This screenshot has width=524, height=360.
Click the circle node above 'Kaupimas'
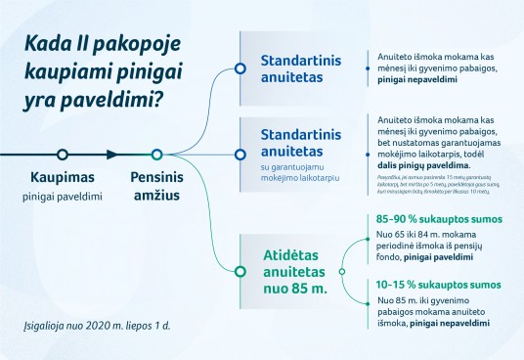point(63,155)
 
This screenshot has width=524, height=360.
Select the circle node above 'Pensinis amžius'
point(155,155)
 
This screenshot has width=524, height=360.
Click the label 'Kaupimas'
point(63,178)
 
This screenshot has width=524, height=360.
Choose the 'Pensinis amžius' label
point(155,187)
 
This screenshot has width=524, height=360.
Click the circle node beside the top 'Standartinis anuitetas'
point(239,67)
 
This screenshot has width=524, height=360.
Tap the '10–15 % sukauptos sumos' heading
point(431,285)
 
